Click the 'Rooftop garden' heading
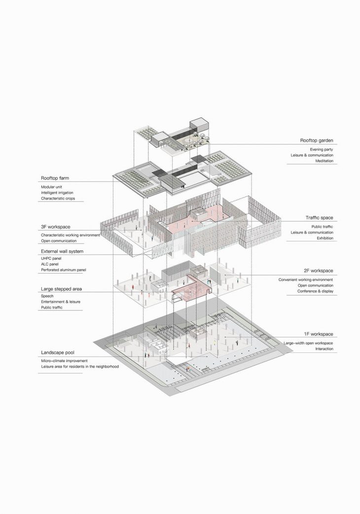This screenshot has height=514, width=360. click(317, 140)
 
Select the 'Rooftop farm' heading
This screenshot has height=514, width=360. click(55, 178)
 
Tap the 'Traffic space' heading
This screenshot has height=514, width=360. click(319, 218)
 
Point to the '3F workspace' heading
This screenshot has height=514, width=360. click(55, 227)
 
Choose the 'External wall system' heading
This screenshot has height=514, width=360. click(62, 251)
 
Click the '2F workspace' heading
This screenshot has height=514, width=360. click(318, 271)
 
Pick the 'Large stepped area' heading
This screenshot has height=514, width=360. click(61, 289)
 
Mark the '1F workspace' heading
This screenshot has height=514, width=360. click(318, 334)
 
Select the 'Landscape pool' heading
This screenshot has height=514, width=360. click(57, 353)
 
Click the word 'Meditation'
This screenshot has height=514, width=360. click(324, 161)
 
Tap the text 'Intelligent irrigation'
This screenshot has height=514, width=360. click(57, 193)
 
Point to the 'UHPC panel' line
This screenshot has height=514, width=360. click(51, 258)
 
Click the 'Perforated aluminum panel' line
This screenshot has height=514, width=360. click(63, 270)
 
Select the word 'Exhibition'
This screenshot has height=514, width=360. click(325, 239)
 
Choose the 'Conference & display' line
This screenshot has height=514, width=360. click(315, 291)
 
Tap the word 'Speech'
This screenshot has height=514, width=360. click(47, 296)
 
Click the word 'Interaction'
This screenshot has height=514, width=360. click(324, 349)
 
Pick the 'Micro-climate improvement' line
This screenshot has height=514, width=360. click(64, 361)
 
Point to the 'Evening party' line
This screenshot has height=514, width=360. click(322, 149)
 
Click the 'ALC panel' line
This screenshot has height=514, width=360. click(49, 264)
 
